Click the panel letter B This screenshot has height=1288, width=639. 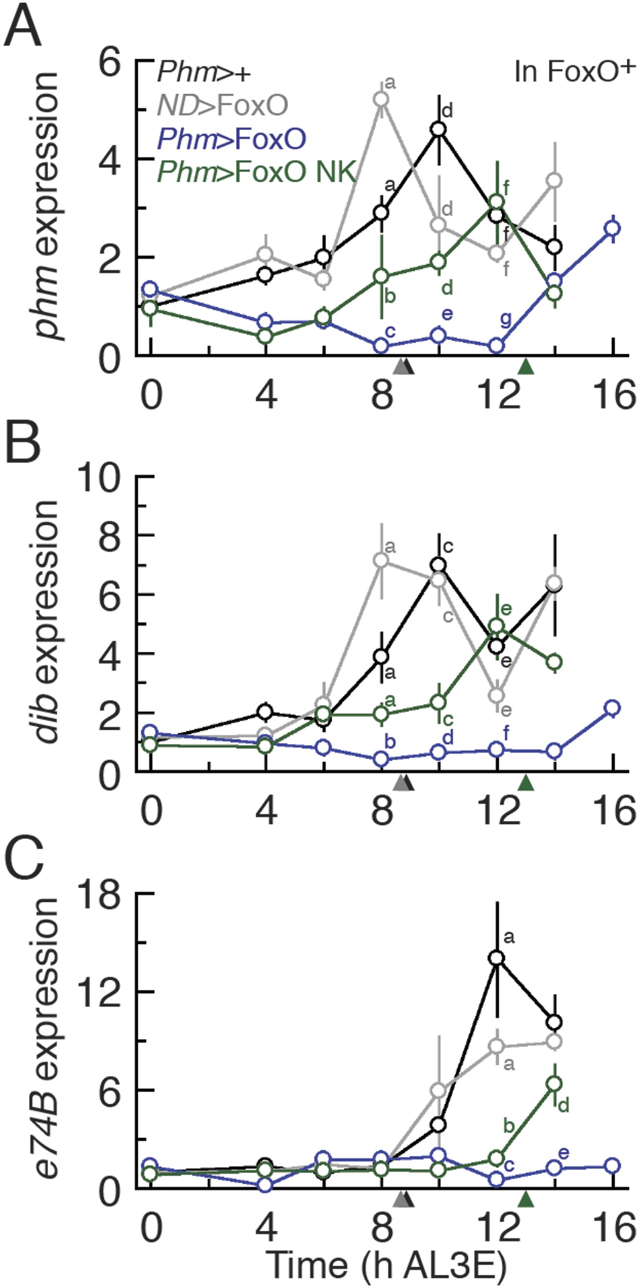coord(22,444)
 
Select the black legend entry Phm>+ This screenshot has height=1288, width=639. coord(203,71)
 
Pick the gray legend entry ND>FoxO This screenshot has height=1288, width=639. coord(223,105)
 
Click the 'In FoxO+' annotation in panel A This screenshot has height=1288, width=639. coord(574,72)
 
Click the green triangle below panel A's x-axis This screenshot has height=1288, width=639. coord(526,366)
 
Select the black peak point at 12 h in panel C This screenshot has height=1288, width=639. coord(497,958)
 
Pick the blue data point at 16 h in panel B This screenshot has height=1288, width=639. coord(613,708)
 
